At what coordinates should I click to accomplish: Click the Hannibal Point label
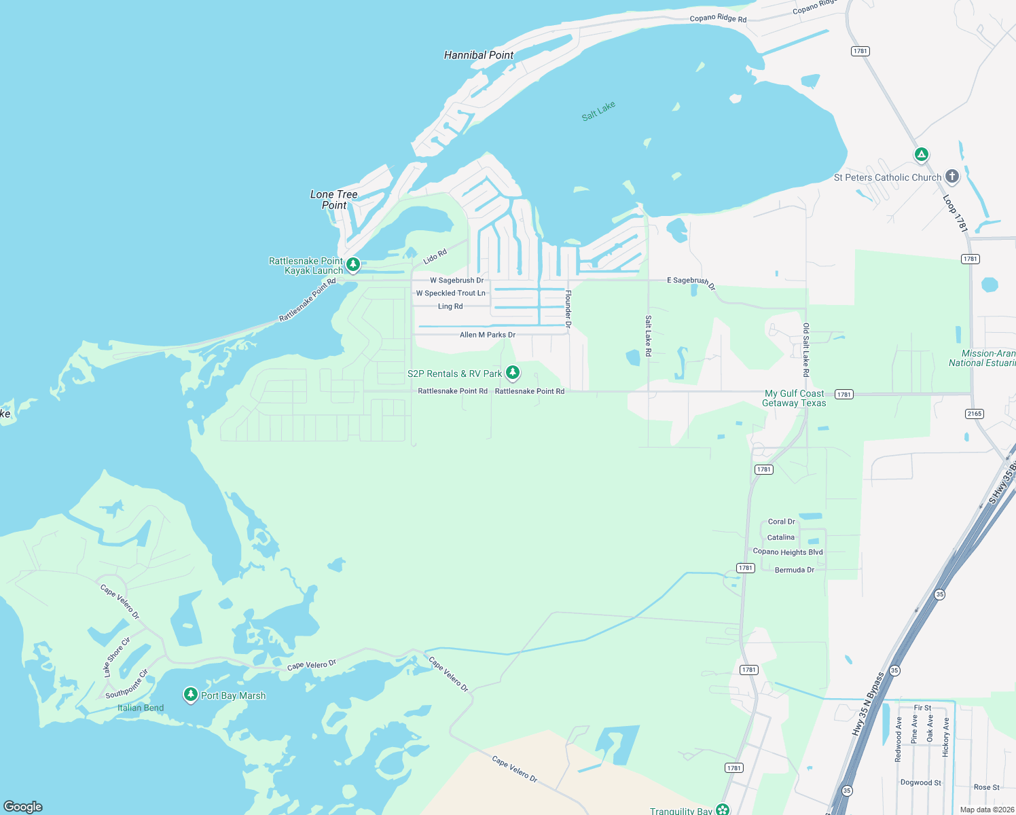478,55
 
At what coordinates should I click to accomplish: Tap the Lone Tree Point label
333,200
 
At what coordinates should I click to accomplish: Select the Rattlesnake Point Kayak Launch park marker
353,264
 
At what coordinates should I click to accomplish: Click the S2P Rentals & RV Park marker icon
513,372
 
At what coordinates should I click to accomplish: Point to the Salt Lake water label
598,111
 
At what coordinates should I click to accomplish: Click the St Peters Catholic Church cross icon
952,177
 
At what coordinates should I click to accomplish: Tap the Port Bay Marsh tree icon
191,694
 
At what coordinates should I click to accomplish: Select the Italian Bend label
141,708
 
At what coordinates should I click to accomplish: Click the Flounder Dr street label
568,309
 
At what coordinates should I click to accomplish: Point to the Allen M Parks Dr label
487,335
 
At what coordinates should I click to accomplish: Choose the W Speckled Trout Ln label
450,293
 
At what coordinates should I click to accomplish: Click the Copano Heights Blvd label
788,552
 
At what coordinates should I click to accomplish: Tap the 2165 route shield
974,414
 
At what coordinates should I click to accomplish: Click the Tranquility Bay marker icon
723,809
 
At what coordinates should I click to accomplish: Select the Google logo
23,806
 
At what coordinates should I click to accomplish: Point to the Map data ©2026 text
987,810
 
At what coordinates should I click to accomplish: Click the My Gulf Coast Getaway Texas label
794,398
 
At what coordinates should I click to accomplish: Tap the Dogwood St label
920,782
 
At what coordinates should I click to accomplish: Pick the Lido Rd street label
435,257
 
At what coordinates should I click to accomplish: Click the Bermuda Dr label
794,570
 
